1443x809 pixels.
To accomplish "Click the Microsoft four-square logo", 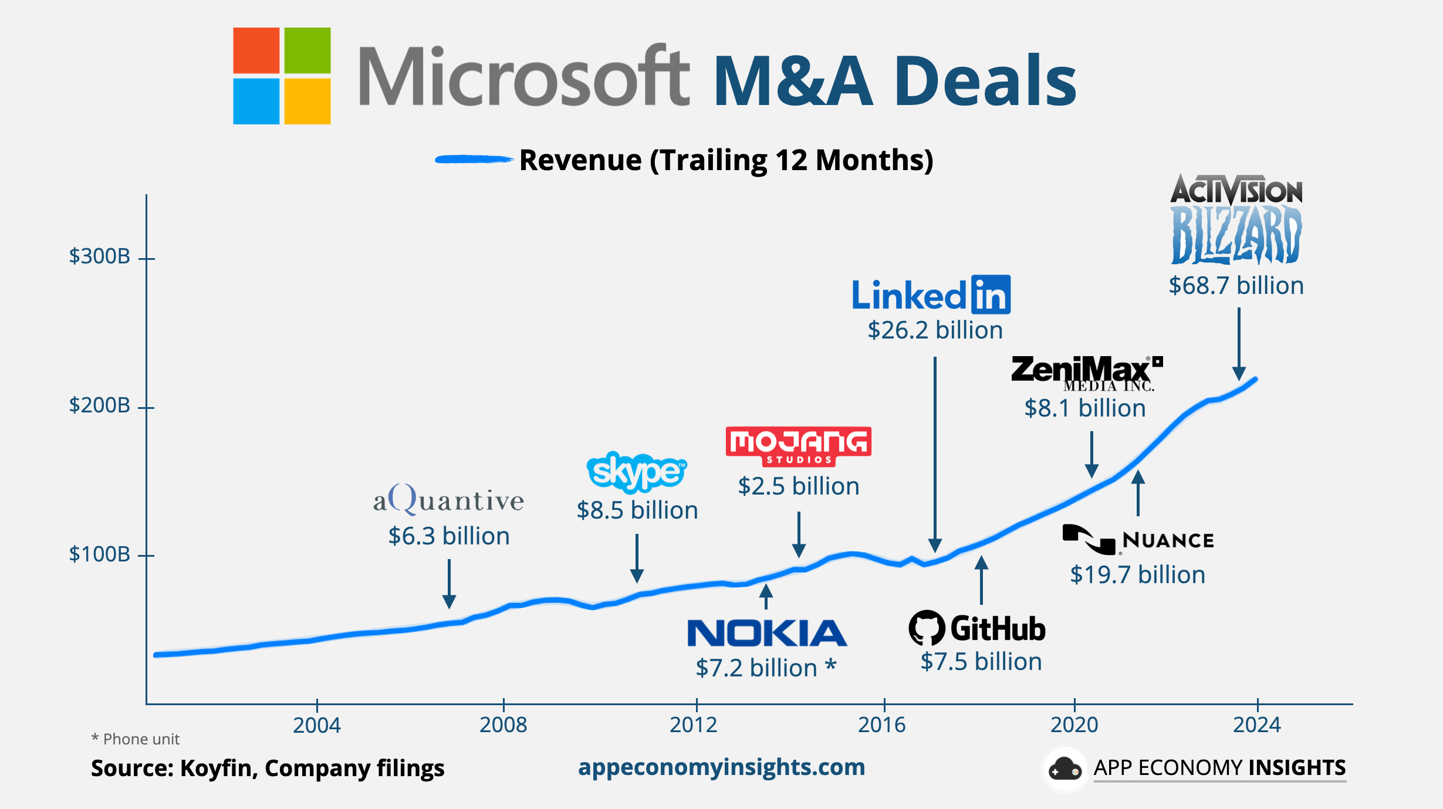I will (282, 76).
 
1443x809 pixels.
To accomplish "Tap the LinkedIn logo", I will (931, 295).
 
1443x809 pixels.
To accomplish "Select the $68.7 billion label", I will (1236, 286).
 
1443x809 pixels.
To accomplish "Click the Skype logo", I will (637, 472).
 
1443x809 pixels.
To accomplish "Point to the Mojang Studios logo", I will (798, 446).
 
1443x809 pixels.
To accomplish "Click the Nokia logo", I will (766, 633).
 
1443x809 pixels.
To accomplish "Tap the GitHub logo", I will (977, 628).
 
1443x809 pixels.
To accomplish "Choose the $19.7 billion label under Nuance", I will (1137, 574).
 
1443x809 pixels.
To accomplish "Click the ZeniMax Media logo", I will (1086, 373).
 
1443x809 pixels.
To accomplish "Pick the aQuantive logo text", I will (448, 500).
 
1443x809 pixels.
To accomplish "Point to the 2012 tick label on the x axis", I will (694, 725).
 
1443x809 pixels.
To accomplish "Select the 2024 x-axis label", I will (1256, 725).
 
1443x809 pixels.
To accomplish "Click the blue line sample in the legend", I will (473, 159).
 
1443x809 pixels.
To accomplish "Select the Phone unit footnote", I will (136, 739).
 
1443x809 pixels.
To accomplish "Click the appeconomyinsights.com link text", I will (721, 767).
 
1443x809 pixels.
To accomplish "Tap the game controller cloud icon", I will (1064, 769).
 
